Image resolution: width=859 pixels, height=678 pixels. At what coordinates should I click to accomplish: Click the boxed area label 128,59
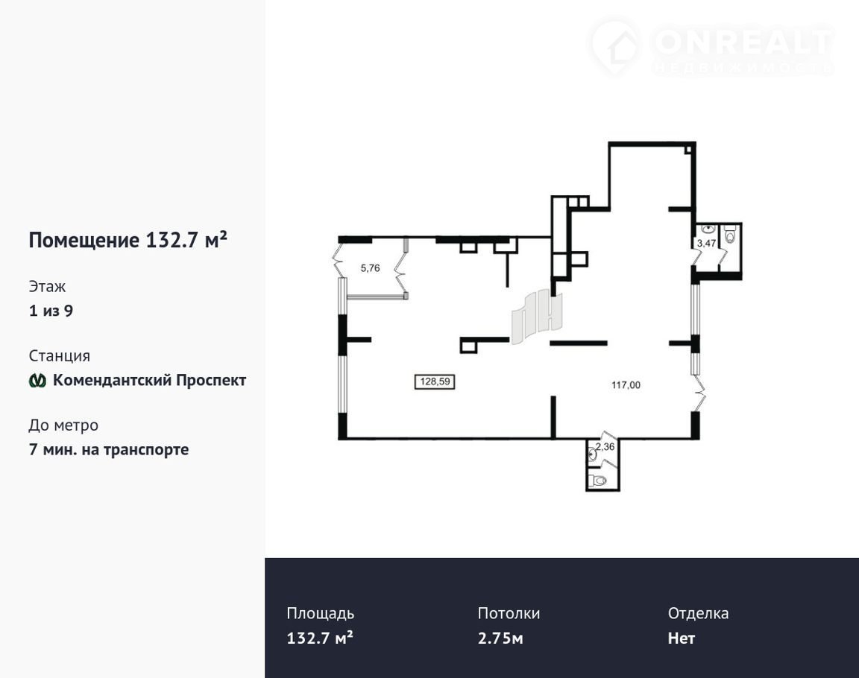435,381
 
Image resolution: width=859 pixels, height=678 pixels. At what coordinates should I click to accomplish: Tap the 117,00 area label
626,385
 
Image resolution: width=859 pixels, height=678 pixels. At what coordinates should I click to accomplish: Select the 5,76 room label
370,268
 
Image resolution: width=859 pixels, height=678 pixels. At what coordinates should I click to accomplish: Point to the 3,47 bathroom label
706,243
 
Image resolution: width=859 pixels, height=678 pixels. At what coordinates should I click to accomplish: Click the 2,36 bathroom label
605,446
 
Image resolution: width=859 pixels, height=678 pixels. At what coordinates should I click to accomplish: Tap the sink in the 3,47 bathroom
708,229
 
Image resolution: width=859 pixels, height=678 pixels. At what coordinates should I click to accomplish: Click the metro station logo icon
37,380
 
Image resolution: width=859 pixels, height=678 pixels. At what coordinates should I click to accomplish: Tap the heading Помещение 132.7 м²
128,240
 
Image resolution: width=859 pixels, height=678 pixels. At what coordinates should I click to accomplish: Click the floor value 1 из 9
51,311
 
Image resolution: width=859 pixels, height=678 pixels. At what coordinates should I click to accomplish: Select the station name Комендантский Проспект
149,380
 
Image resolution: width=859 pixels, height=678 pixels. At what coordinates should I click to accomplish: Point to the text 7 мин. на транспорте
108,449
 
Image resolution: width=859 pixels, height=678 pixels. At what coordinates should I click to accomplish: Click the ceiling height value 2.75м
500,638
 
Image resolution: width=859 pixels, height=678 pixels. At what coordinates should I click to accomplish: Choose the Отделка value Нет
681,638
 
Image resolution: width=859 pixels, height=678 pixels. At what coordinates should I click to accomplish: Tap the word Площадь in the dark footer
320,613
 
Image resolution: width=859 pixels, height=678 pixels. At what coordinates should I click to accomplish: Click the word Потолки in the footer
509,613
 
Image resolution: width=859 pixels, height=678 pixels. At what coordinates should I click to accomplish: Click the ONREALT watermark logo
711,48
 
